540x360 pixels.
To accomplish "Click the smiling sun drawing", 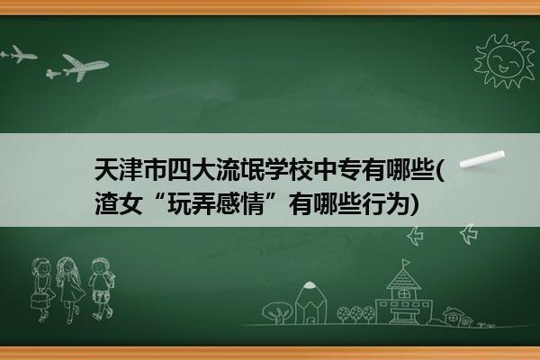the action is pos(504,61).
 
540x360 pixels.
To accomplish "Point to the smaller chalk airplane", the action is pos(18,54).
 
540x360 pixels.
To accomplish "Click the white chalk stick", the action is pos(482,159).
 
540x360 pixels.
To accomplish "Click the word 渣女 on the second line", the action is pos(119,204).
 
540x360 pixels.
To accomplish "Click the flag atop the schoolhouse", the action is pos(407,263).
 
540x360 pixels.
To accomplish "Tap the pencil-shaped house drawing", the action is pos(310,302).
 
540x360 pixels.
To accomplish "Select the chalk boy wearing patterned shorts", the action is pos(101,289).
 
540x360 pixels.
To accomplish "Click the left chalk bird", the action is pos(415,236).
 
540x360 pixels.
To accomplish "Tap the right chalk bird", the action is pos(469,234).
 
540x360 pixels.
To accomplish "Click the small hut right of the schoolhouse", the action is pos(456,317).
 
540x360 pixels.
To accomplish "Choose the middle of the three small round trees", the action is pos(356,314).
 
